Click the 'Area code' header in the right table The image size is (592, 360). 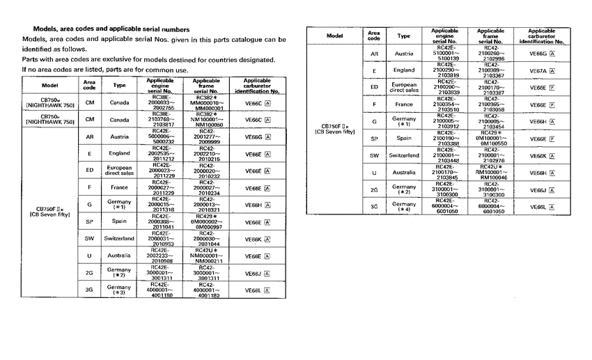pos(374,36)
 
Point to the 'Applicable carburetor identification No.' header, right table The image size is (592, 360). pos(541,36)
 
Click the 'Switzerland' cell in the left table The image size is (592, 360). pos(119,239)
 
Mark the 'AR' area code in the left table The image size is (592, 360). pos(89,136)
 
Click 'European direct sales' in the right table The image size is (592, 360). pos(404,88)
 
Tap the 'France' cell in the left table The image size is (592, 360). pos(119,187)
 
